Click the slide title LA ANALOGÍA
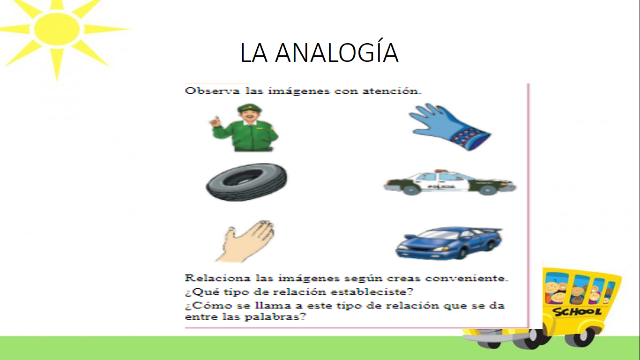319,52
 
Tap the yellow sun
56,29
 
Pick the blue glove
448,126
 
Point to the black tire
246,181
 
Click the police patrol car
449,182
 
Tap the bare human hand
246,240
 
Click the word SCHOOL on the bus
577,312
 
